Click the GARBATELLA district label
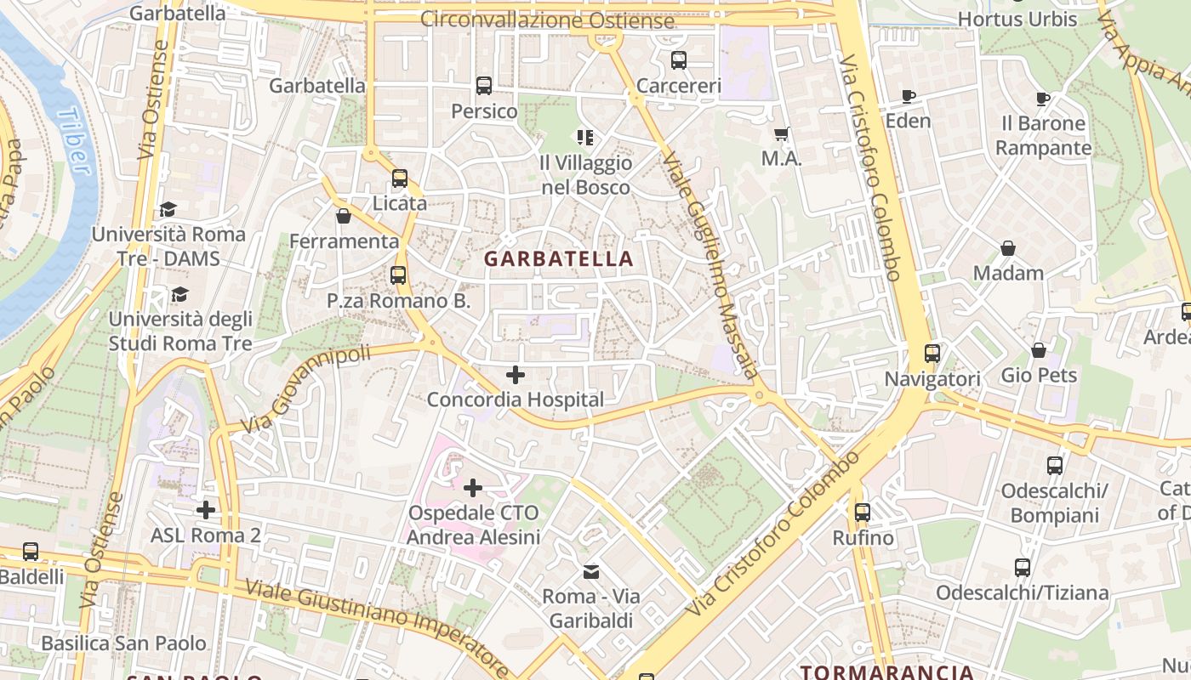(559, 258)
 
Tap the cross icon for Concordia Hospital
(515, 374)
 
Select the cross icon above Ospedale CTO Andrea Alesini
(473, 488)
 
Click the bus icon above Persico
(484, 86)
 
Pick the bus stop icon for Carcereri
(678, 60)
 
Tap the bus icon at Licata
(400, 178)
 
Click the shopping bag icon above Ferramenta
(344, 217)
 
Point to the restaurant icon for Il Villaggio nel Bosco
(585, 137)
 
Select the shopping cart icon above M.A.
(782, 133)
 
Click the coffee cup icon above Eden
(908, 96)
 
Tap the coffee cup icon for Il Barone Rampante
(1043, 99)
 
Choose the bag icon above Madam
(1008, 248)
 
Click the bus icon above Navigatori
(932, 354)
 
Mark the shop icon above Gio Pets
(1039, 350)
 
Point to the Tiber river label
(75, 141)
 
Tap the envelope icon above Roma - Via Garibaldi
(590, 571)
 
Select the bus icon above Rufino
(863, 513)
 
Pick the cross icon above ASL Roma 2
(205, 510)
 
